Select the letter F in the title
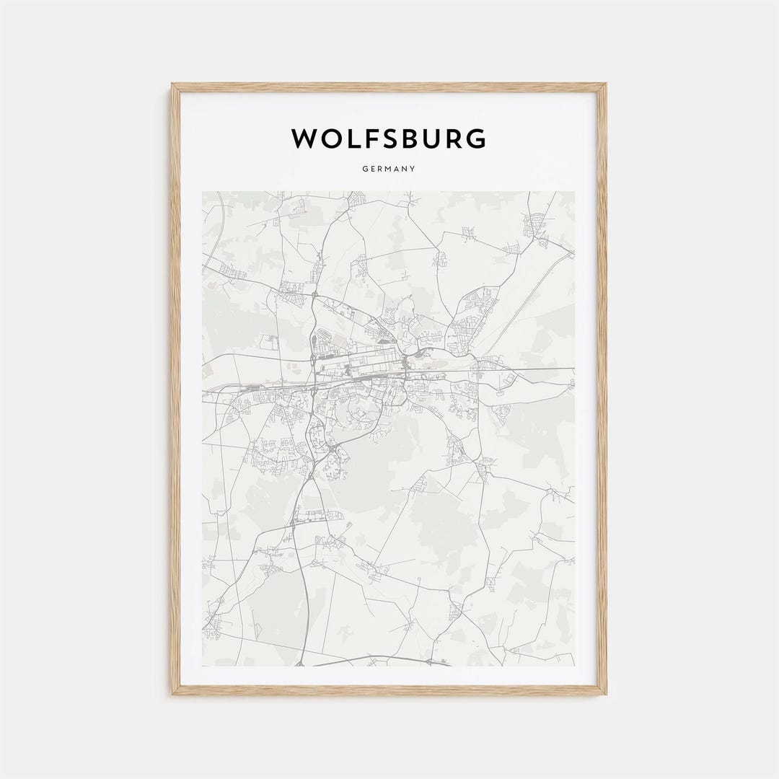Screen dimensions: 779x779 point(374,138)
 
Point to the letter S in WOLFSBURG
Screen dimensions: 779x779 point(395,138)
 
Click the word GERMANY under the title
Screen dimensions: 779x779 point(389,170)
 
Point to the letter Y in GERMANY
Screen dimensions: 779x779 point(413,170)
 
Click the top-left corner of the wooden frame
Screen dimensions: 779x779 point(172,84)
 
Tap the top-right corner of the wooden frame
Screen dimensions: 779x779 point(606,84)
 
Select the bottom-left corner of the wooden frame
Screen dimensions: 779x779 point(172,694)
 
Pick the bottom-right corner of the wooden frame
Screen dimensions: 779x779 point(606,694)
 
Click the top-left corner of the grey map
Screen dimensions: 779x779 point(203,192)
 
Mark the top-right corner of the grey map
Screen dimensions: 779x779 point(575,192)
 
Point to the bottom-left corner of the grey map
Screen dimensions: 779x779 point(203,666)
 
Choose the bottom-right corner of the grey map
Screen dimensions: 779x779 point(575,666)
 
